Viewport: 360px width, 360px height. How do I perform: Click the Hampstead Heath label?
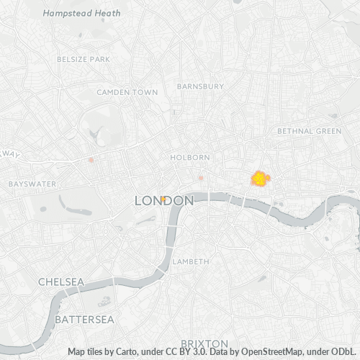(x=71, y=13)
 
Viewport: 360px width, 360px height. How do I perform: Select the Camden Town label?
(x=127, y=92)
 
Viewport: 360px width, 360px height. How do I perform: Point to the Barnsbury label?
(x=200, y=86)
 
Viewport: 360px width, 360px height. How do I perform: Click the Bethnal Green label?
(x=309, y=131)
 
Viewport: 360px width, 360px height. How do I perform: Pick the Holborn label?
(x=190, y=157)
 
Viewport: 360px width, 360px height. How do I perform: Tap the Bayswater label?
(x=32, y=184)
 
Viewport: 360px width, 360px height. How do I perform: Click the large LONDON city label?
(x=164, y=202)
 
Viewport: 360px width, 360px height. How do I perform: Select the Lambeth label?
(x=190, y=261)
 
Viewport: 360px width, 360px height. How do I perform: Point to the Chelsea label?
(x=61, y=282)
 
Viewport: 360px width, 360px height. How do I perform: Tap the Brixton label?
(x=204, y=343)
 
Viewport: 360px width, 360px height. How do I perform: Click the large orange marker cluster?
(x=259, y=178)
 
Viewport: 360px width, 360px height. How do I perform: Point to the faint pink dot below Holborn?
(x=202, y=177)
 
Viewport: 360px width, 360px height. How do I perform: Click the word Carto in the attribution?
(x=125, y=352)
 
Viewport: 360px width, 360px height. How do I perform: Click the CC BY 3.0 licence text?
(x=181, y=352)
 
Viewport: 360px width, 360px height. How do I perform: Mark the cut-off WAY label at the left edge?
(x=10, y=154)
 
